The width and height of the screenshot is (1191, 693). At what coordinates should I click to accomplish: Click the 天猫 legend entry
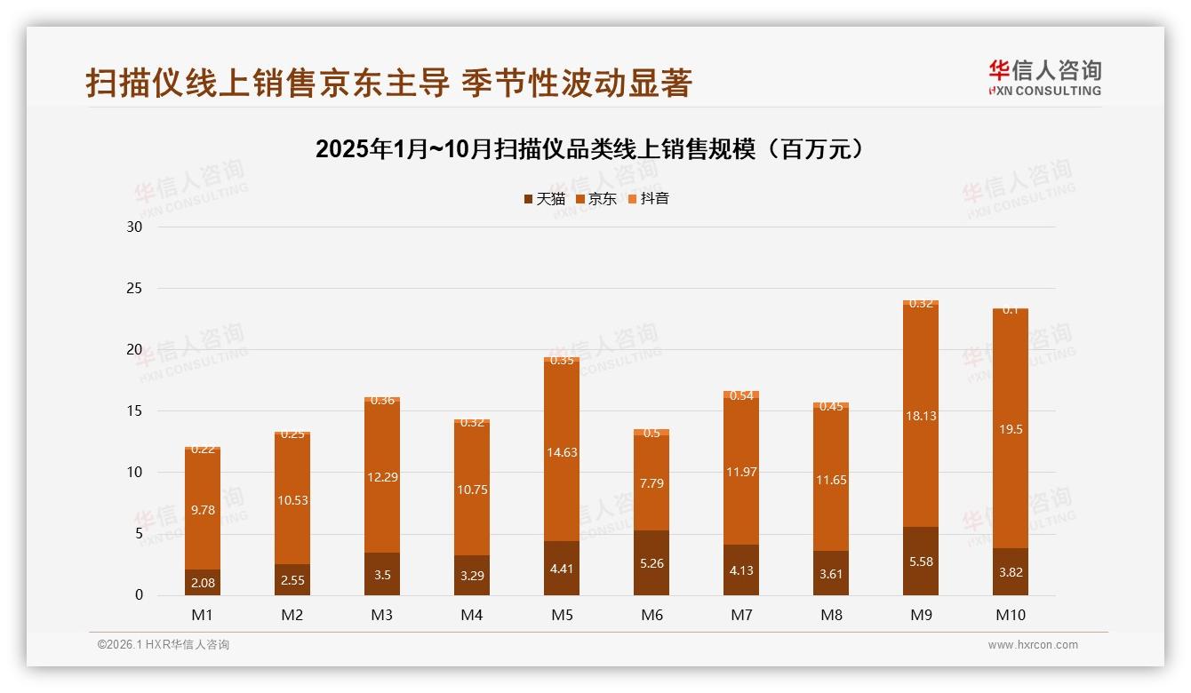pos(544,199)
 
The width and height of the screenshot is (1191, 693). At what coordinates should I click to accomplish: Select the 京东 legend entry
pos(595,199)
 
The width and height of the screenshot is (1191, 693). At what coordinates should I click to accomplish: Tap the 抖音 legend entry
pos(648,199)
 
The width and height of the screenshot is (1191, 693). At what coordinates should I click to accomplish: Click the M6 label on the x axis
pos(651,615)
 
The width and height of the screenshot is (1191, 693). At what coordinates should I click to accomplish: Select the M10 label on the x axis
pos(1010,615)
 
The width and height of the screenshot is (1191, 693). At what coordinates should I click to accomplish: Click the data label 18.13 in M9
pos(921,416)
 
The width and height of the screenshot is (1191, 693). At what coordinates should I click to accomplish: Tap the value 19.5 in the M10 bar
pos(1011,429)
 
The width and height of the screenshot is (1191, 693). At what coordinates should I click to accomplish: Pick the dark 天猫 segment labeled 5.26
pos(651,563)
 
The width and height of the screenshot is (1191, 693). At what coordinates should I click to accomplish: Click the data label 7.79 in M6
pos(651,484)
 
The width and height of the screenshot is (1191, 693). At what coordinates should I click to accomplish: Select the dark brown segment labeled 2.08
pos(203,583)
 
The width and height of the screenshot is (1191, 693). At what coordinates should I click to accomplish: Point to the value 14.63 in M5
pos(562,452)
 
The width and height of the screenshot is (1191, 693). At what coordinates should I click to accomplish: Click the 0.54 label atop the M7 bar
pos(741,396)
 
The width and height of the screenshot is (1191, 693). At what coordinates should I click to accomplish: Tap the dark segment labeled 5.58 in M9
pos(921,562)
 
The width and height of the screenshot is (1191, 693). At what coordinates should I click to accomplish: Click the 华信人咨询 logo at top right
pos(1044,77)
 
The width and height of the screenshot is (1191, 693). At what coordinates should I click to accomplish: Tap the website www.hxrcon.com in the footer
pos(1033,645)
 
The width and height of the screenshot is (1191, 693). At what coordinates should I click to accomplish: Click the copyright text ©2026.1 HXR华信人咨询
pos(164,645)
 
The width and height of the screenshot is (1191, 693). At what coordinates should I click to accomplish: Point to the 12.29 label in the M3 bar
pos(382,477)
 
